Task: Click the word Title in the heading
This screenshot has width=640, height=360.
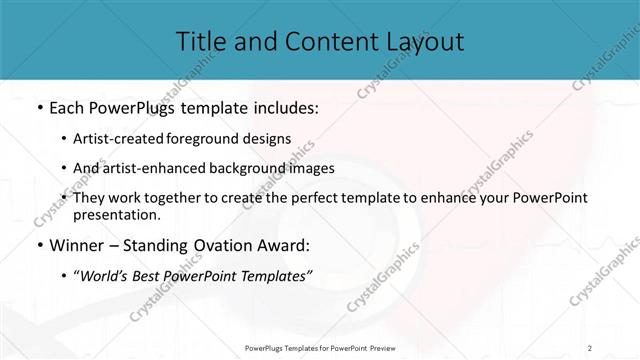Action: pos(200,41)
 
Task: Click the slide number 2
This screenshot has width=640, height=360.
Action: pos(589,347)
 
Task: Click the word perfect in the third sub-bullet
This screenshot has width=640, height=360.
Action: pos(299,198)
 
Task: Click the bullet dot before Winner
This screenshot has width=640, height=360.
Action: pos(38,245)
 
